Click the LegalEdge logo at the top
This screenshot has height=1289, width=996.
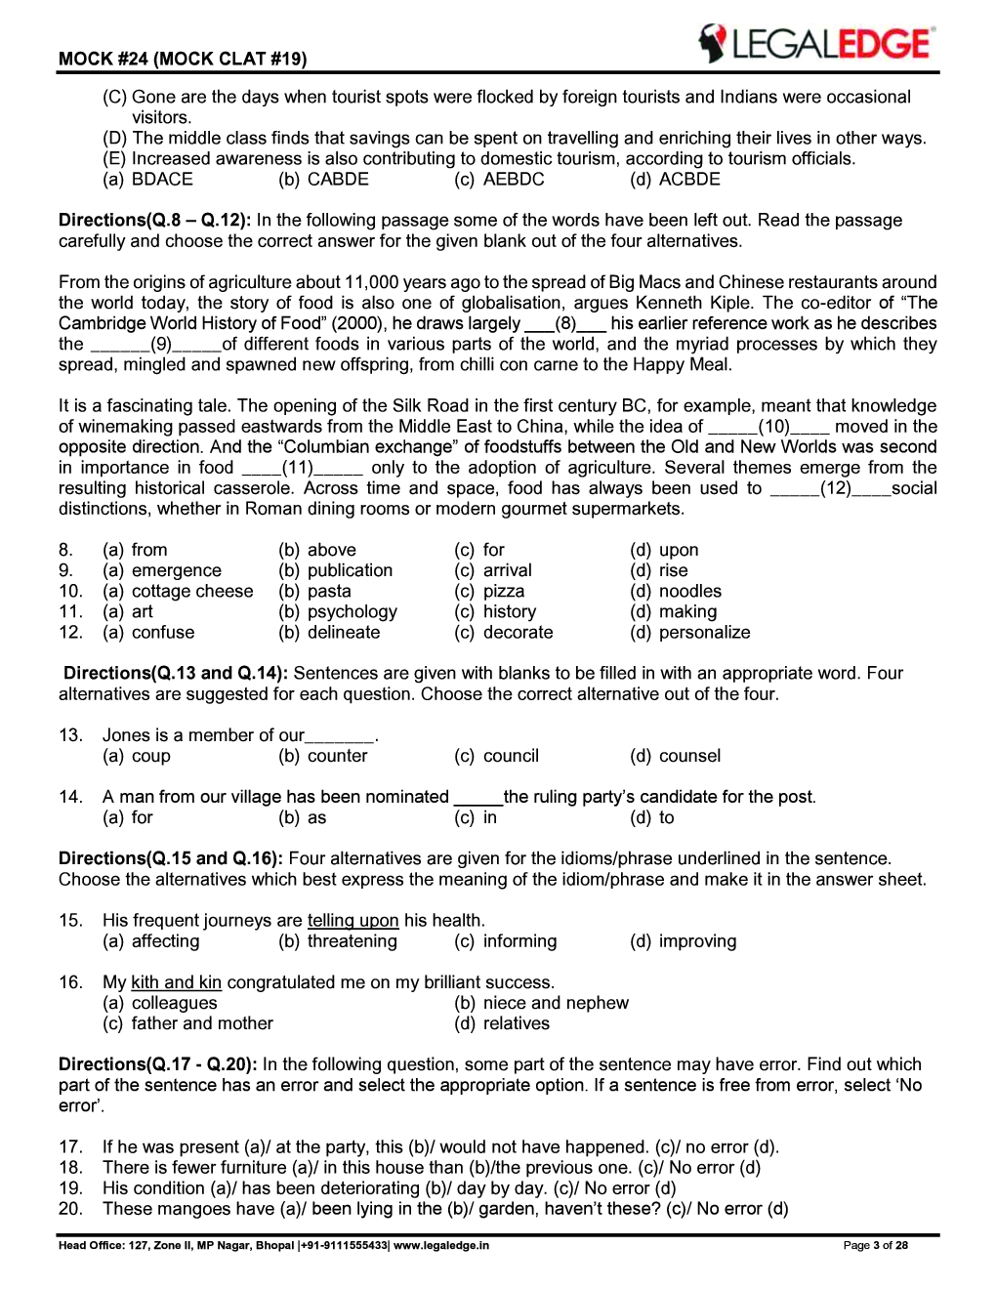tap(815, 44)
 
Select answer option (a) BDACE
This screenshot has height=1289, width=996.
tap(148, 180)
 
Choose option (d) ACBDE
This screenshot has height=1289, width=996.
tap(676, 180)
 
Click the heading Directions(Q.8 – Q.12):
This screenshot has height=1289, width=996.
tap(154, 221)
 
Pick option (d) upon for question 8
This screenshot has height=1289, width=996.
tap(665, 551)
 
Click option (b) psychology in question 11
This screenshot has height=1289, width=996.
tap(338, 612)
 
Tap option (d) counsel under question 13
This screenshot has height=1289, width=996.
tap(676, 757)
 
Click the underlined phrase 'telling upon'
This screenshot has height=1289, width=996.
tap(353, 921)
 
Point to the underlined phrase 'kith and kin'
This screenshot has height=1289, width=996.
tap(176, 982)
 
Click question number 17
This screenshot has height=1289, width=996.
tap(70, 1147)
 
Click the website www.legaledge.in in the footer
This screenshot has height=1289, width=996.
tap(441, 1246)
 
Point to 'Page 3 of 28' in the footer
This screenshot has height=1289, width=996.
tap(875, 1246)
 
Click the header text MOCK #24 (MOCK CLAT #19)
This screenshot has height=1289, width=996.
tap(183, 59)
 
